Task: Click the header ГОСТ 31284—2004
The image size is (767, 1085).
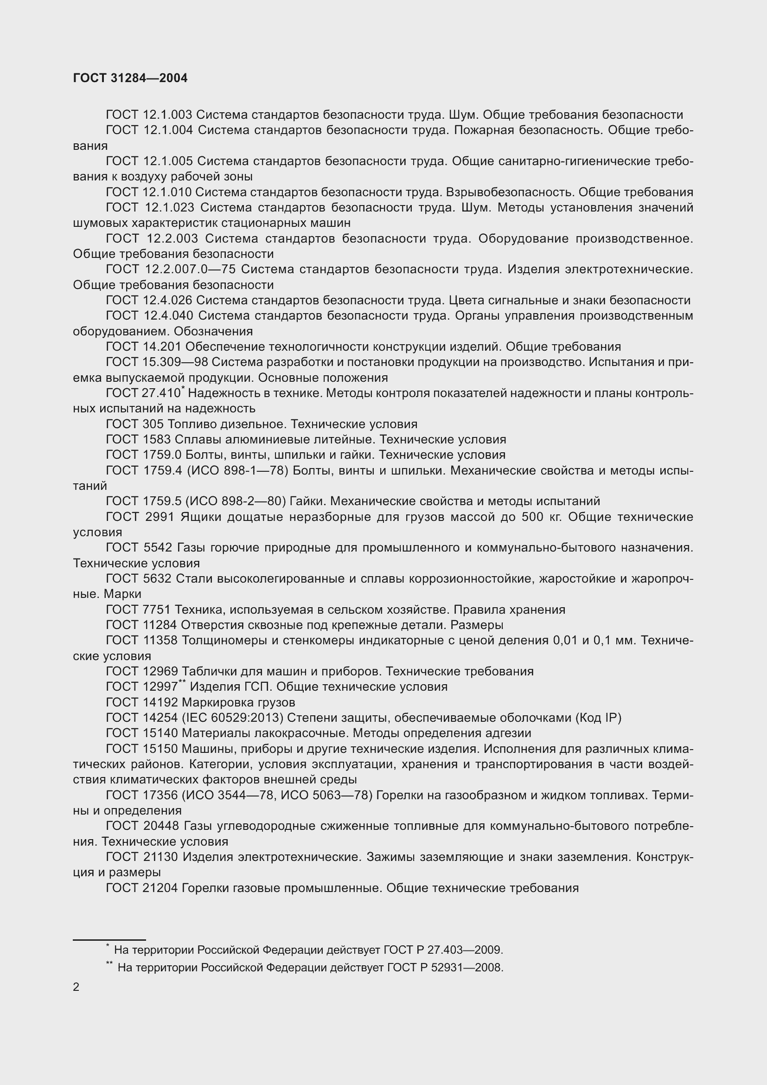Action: pyautogui.click(x=130, y=78)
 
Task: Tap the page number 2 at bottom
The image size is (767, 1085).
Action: pyautogui.click(x=76, y=987)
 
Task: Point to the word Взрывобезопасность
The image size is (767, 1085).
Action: pyautogui.click(x=510, y=193)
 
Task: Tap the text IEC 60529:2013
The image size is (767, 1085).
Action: pyautogui.click(x=232, y=718)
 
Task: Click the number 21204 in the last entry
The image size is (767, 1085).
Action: pyautogui.click(x=160, y=888)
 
